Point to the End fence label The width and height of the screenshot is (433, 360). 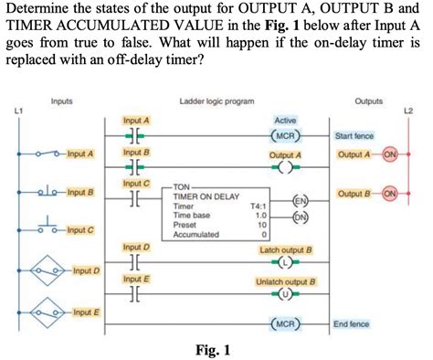pyautogui.click(x=351, y=323)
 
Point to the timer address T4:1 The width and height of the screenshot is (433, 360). pyautogui.click(x=258, y=206)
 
